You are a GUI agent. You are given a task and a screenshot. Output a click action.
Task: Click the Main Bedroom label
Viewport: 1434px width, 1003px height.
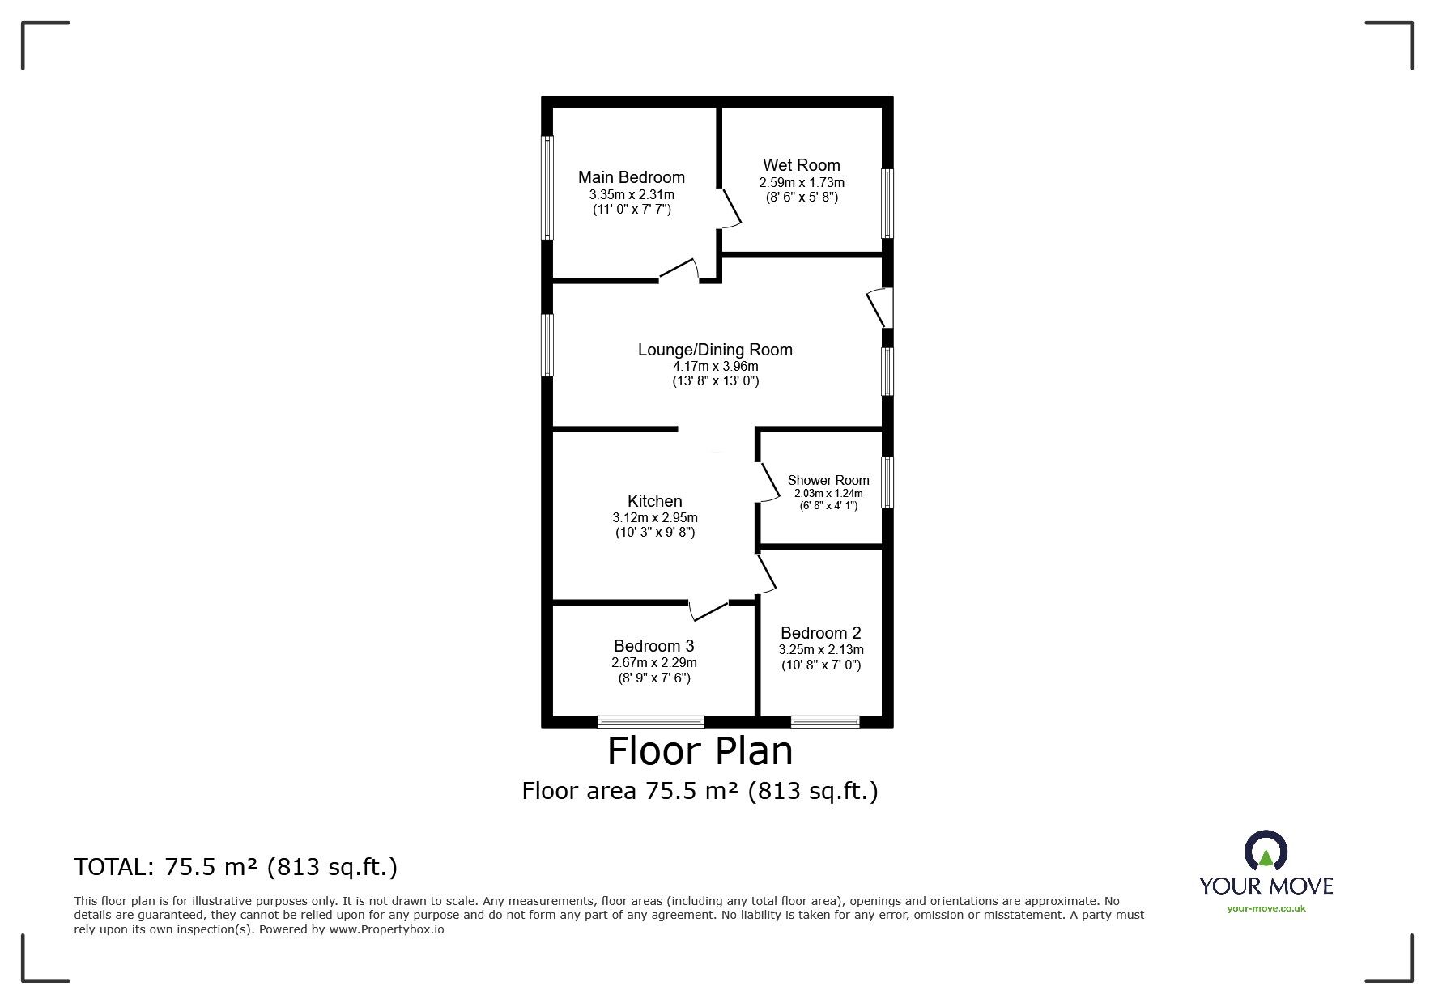631,177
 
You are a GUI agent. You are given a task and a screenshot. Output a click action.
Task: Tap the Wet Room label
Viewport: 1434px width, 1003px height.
801,165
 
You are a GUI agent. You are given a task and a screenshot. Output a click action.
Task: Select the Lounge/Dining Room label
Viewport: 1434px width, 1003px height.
715,350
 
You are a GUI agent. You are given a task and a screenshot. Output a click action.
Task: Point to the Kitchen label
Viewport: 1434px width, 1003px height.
654,501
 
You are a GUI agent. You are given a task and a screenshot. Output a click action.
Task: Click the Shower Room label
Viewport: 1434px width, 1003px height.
828,480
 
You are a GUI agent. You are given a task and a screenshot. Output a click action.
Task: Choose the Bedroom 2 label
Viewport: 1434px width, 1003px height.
820,633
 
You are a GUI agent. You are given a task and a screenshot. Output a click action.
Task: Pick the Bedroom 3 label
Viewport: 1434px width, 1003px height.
653,646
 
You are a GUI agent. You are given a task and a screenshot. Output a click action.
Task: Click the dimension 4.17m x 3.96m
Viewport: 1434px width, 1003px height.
715,366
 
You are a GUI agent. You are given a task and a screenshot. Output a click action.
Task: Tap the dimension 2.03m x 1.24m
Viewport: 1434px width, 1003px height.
828,493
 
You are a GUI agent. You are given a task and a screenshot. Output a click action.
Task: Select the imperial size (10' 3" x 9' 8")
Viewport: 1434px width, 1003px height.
654,533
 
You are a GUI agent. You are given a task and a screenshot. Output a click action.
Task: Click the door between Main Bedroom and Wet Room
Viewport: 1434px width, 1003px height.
730,209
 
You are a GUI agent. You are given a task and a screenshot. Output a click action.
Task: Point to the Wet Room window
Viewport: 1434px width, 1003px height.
887,203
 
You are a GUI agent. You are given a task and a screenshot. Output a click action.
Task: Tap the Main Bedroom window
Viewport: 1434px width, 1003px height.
548,187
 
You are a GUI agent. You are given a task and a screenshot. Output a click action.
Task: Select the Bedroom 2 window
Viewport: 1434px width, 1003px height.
825,721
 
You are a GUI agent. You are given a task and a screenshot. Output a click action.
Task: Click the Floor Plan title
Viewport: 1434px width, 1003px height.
700,751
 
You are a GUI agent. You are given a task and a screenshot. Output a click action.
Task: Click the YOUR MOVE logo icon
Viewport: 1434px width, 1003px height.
1266,854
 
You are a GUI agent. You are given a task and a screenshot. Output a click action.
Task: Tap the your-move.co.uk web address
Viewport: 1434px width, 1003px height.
1266,908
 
